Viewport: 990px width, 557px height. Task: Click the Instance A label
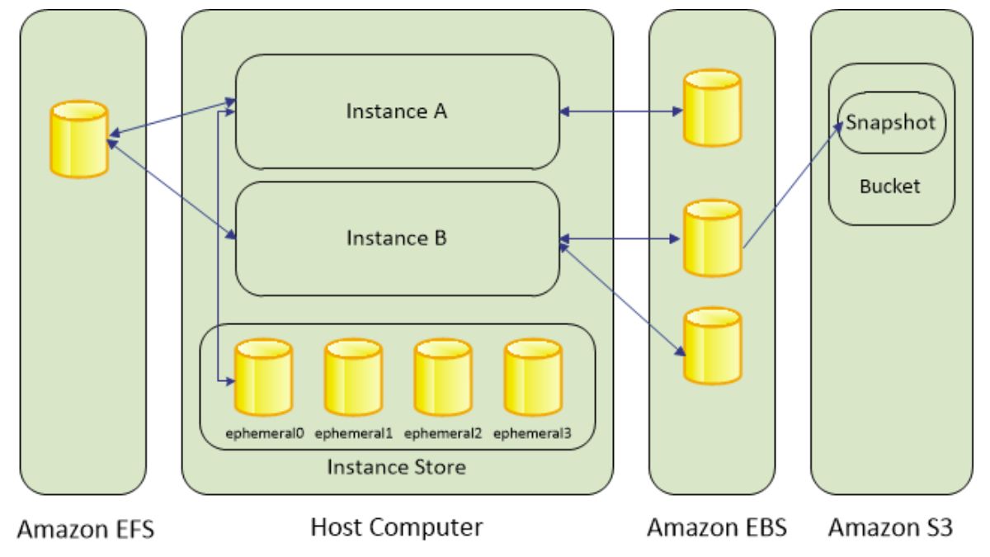coord(396,111)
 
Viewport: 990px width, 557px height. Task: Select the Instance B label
coord(396,239)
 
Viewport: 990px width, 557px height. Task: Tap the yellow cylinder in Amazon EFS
coord(79,139)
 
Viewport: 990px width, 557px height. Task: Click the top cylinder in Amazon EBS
coord(713,107)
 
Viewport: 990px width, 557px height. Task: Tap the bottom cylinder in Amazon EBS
coord(713,345)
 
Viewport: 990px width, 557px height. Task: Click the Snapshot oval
coord(891,124)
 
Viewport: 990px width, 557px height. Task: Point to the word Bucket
coord(890,186)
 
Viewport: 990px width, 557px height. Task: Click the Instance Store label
coord(397,467)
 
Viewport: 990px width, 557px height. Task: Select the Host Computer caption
coord(396,526)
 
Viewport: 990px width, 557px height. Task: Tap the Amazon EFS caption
coord(82,528)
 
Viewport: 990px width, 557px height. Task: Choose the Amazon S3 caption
coord(890,526)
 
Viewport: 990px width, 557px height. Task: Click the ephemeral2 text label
coord(443,432)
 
